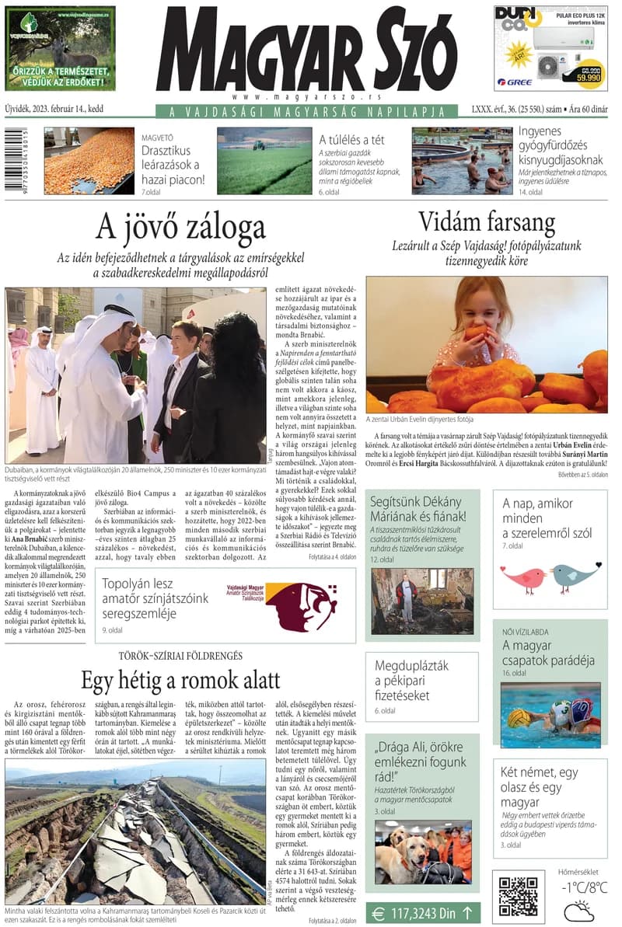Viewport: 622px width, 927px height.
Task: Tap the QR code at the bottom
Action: [x=518, y=896]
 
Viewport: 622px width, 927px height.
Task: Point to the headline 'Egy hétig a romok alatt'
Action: [x=180, y=680]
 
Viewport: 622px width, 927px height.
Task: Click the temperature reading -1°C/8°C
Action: [x=584, y=887]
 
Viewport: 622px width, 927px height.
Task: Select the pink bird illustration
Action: [x=523, y=577]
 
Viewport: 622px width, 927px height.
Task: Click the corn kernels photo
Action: [x=89, y=161]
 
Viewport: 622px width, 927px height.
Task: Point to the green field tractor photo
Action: [x=264, y=161]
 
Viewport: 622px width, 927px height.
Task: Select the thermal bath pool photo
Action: [x=462, y=161]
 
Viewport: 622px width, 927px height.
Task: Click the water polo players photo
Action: [x=550, y=715]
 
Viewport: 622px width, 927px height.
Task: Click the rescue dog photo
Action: [x=423, y=852]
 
